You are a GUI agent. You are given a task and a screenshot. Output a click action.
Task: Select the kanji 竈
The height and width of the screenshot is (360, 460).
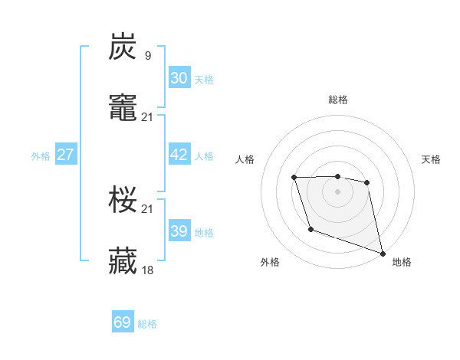pyautogui.click(x=123, y=108)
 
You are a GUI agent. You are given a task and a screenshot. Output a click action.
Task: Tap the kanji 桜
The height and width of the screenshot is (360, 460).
pyautogui.click(x=123, y=200)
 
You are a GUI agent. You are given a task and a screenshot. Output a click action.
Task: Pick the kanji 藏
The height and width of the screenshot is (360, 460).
pyautogui.click(x=123, y=261)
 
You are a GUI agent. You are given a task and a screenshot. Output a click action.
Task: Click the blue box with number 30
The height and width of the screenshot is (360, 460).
pyautogui.click(x=179, y=77)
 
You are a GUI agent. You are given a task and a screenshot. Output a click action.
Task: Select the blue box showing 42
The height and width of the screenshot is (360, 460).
pyautogui.click(x=179, y=155)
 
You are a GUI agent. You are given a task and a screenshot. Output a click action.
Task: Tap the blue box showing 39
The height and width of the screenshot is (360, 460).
pyautogui.click(x=179, y=231)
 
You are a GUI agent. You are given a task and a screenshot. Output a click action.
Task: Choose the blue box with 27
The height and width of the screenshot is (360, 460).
pyautogui.click(x=65, y=155)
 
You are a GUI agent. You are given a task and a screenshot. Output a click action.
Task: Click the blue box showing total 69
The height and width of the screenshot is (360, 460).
pyautogui.click(x=123, y=322)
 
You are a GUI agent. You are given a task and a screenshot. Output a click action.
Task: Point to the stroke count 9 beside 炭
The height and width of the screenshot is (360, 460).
pyautogui.click(x=147, y=55)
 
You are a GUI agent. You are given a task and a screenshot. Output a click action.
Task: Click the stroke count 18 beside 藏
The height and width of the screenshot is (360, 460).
pyautogui.click(x=147, y=270)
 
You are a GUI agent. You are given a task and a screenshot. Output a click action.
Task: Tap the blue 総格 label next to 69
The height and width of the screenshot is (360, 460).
pyautogui.click(x=147, y=324)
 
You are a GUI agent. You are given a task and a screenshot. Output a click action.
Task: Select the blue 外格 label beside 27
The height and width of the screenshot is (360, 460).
pyautogui.click(x=41, y=156)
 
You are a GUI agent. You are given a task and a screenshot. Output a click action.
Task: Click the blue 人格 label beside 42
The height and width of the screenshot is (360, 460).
pyautogui.click(x=204, y=156)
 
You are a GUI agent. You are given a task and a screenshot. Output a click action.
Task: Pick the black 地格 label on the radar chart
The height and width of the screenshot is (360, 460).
pyautogui.click(x=402, y=262)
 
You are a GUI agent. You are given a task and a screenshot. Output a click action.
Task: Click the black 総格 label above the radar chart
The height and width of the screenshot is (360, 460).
pyautogui.click(x=337, y=100)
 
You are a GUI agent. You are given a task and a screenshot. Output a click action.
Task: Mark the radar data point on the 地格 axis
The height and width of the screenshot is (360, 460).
pyautogui.click(x=383, y=253)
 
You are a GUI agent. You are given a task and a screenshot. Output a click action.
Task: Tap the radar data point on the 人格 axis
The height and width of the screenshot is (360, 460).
pyautogui.click(x=295, y=178)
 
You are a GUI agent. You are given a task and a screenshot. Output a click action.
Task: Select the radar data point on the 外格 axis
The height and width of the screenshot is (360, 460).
pyautogui.click(x=310, y=229)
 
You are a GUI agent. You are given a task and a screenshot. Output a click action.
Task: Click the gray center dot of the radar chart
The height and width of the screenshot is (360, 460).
pyautogui.click(x=337, y=191)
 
